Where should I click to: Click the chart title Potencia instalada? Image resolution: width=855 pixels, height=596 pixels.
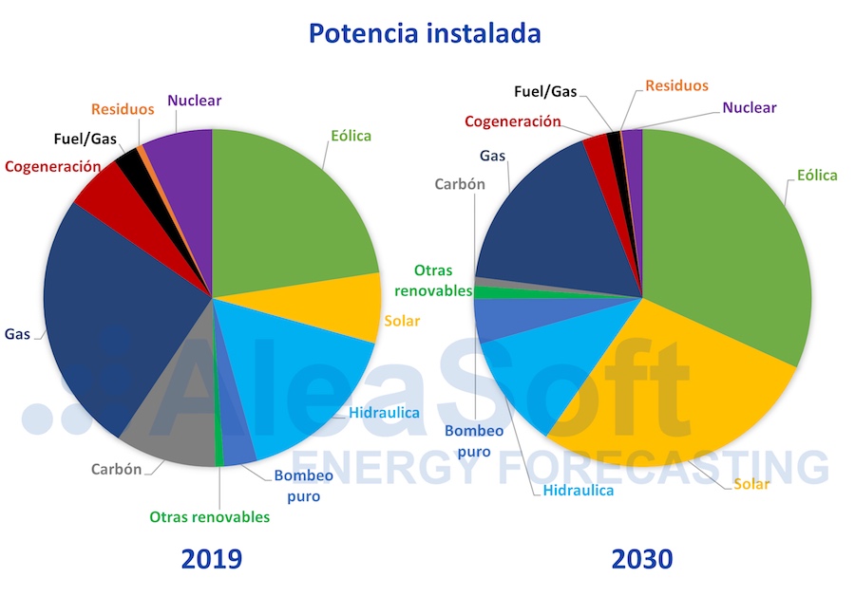tap(424, 34)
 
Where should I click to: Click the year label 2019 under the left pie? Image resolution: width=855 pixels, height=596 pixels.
tap(212, 558)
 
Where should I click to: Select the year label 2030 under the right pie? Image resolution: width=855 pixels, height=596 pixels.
tap(642, 558)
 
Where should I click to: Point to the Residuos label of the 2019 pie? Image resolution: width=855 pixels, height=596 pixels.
tap(123, 109)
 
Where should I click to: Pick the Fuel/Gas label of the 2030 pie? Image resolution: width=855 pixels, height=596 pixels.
tap(545, 92)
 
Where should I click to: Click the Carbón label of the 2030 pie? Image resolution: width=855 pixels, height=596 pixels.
tap(460, 184)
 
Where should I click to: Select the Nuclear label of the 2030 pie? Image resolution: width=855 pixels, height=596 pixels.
tap(749, 108)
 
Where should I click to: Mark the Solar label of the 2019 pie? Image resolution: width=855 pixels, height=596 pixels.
tap(402, 321)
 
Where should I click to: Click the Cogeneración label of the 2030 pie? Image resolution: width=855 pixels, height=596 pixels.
tap(513, 121)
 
